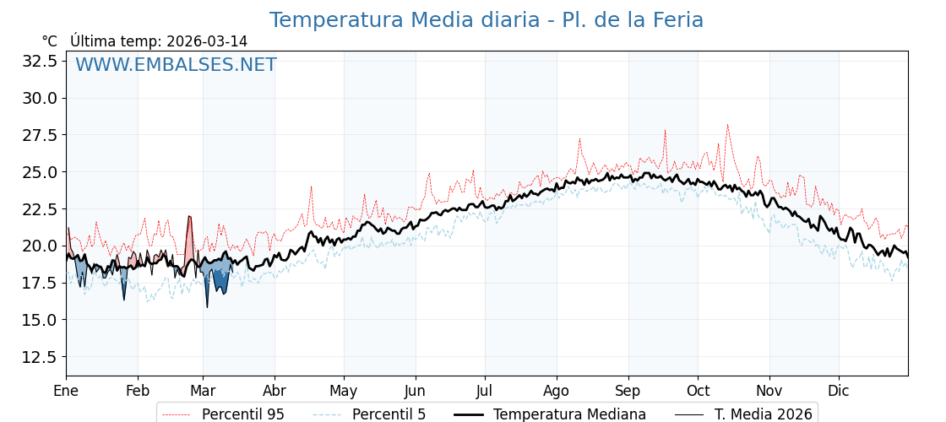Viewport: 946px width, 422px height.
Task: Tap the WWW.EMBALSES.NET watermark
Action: click(176, 65)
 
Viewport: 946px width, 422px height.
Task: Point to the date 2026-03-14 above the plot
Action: click(207, 41)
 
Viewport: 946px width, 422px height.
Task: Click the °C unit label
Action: click(49, 41)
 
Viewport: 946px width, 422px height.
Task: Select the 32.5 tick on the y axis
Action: click(40, 61)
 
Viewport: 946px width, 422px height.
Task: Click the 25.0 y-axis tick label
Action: click(40, 172)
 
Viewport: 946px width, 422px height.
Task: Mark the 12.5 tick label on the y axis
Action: click(40, 357)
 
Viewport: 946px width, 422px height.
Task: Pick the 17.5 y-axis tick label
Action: click(40, 283)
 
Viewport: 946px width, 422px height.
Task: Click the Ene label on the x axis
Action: click(66, 392)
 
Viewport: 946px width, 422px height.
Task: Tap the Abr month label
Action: click(275, 392)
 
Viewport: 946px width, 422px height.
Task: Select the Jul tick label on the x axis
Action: click(485, 392)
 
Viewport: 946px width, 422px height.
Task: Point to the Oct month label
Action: click(698, 392)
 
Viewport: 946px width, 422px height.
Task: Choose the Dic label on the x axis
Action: click(839, 392)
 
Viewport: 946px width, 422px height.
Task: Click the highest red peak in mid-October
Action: click(727, 125)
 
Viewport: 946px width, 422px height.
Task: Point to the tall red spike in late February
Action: click(189, 217)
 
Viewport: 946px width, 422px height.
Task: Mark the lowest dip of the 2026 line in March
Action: click(207, 306)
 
